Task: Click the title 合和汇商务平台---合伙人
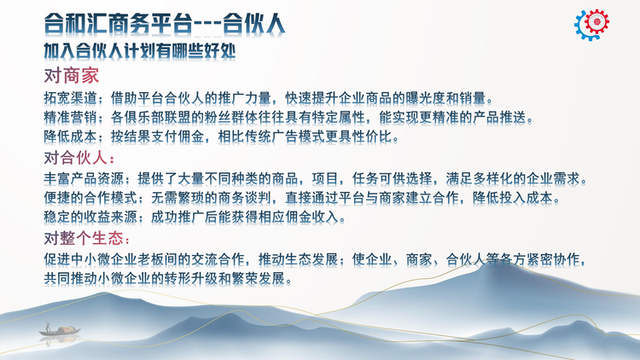[x=165, y=23]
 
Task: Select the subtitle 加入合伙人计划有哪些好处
[x=140, y=51]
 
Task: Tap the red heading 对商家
[x=72, y=76]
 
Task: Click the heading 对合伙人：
[x=79, y=158]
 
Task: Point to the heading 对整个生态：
[x=87, y=238]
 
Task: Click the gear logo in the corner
[x=591, y=25]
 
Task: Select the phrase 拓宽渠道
[x=70, y=98]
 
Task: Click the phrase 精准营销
[x=70, y=118]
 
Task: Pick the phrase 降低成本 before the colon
[x=70, y=136]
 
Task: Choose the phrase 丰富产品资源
[x=84, y=179]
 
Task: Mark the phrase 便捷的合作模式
[x=90, y=198]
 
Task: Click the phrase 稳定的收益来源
[x=90, y=218]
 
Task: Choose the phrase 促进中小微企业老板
[x=103, y=259]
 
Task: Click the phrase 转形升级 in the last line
[x=191, y=278]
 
